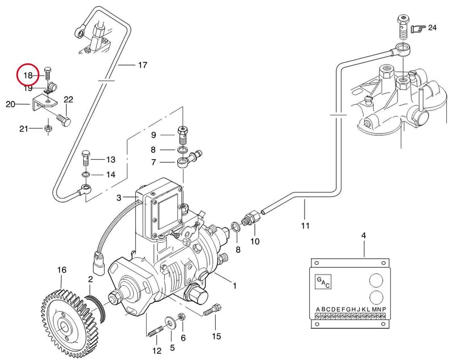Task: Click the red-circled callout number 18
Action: click(28, 76)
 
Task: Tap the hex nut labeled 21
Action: click(48, 128)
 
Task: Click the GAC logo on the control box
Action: click(323, 282)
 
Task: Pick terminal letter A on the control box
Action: click(318, 310)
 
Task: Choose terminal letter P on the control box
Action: click(384, 310)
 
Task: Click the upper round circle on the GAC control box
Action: click(376, 280)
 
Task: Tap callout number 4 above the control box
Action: click(364, 235)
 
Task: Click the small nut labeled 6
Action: click(181, 316)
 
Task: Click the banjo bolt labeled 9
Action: click(182, 135)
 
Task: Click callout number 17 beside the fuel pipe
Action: click(143, 65)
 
